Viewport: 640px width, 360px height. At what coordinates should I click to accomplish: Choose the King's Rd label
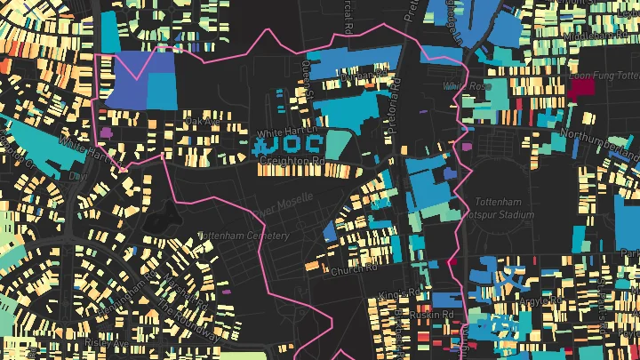click(x=398, y=292)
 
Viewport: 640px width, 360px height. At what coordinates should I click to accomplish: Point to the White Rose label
click(x=467, y=86)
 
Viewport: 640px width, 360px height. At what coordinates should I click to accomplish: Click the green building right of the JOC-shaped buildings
click(x=338, y=142)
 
